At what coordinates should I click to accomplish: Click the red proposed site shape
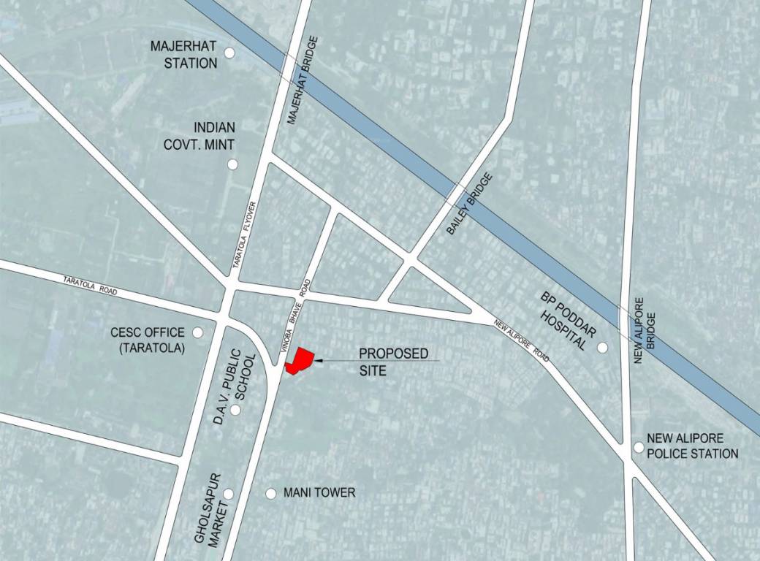(x=301, y=361)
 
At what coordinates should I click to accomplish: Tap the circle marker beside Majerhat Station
(x=229, y=53)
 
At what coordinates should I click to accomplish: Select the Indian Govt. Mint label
(x=199, y=135)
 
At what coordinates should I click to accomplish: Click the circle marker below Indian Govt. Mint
(x=232, y=164)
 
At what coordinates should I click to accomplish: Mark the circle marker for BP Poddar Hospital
(x=602, y=348)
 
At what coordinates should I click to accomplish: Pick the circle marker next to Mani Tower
(x=270, y=494)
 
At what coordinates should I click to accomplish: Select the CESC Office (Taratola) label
(x=148, y=340)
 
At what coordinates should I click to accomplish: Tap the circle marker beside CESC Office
(x=198, y=332)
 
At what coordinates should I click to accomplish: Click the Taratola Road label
(x=91, y=286)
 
